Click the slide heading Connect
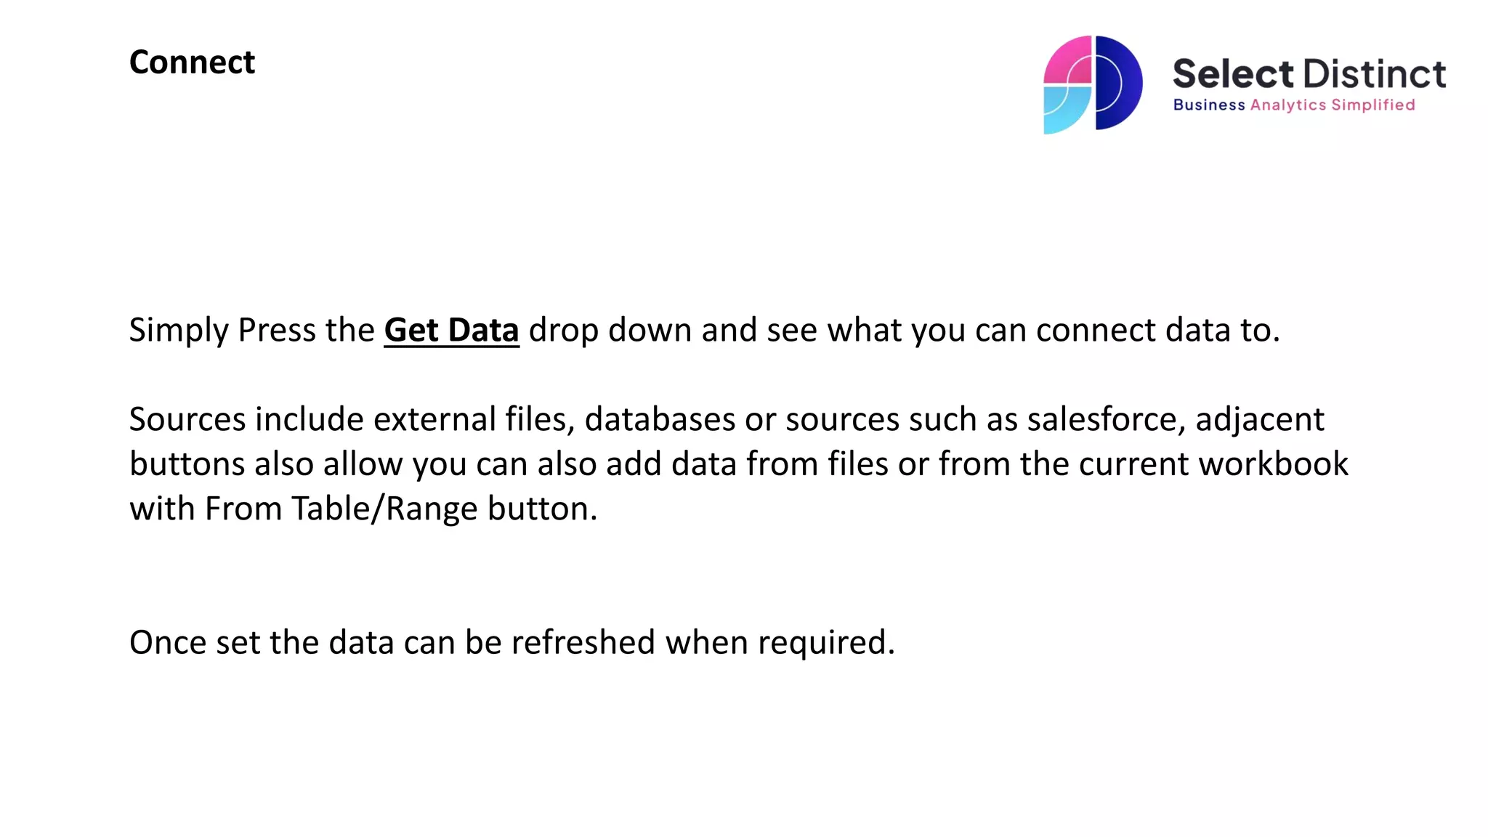point(192,62)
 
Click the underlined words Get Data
point(451,331)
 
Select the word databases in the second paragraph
point(660,420)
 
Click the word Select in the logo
point(1232,74)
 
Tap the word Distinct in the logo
point(1374,74)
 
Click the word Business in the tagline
point(1208,105)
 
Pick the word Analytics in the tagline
point(1287,105)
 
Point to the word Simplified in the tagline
point(1372,105)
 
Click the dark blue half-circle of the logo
point(1119,83)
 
